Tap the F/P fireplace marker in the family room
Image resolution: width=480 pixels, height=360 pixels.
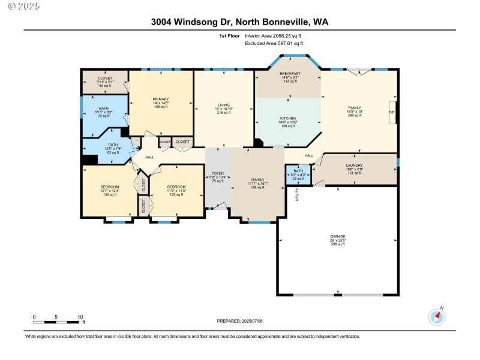(392, 112)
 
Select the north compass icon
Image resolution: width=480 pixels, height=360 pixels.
(436, 316)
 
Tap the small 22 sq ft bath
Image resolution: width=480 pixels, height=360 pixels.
(298, 175)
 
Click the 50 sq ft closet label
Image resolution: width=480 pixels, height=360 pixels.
(105, 82)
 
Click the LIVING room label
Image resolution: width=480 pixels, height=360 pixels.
(223, 109)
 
